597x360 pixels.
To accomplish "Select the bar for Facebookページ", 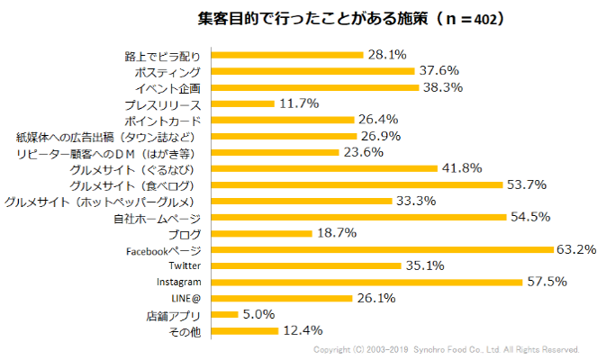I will (x=379, y=249).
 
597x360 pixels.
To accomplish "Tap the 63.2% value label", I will (x=574, y=249).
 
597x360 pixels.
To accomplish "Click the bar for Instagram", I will (x=364, y=282).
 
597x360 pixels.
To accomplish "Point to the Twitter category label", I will (x=184, y=266).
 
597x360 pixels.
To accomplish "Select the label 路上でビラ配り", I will (x=161, y=55).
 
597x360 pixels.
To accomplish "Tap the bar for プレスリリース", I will (x=240, y=103).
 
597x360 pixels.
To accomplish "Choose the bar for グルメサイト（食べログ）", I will (x=354, y=184).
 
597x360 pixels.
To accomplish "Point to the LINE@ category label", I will (x=185, y=299).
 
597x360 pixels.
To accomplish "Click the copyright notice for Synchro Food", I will (x=445, y=349).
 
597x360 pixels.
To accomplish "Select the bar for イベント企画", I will (x=312, y=87).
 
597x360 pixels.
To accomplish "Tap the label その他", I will (x=183, y=331).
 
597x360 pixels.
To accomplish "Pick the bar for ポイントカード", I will (x=280, y=120).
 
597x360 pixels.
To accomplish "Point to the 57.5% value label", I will (x=546, y=282).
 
